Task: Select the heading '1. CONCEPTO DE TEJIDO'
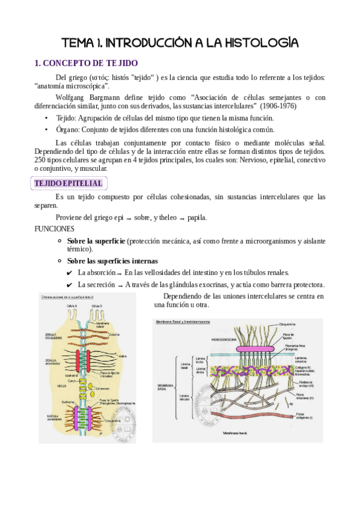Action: (x=87, y=63)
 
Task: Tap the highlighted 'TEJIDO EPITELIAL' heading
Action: (x=69, y=183)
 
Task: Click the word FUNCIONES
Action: (x=54, y=229)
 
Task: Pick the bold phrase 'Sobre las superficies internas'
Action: (x=112, y=261)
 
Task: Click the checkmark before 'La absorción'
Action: (x=70, y=272)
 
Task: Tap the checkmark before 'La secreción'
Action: (x=70, y=284)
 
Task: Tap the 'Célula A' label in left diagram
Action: (x=73, y=306)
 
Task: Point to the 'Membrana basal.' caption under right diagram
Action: (x=236, y=432)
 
